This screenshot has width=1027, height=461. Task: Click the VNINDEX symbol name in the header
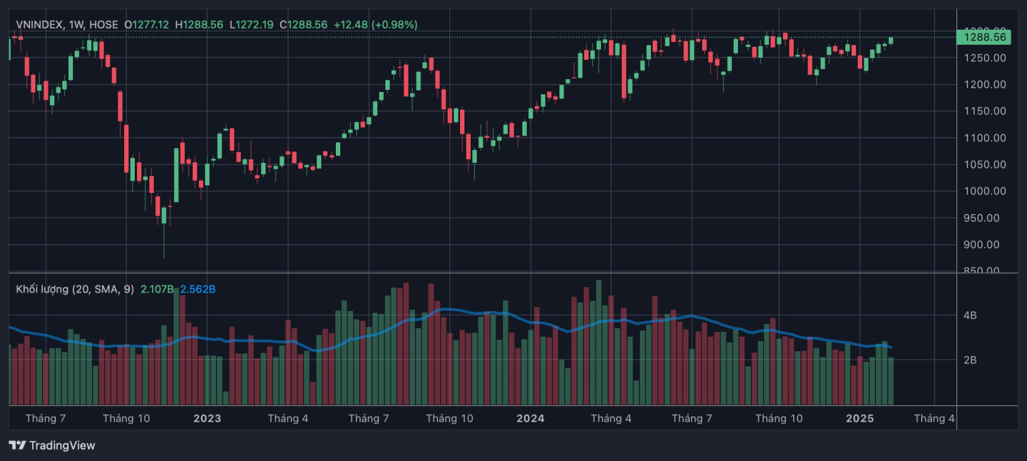(x=40, y=24)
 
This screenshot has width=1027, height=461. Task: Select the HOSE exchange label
(x=104, y=24)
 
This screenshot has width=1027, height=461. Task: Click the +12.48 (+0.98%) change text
(x=375, y=24)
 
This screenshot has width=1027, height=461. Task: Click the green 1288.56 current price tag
(x=985, y=37)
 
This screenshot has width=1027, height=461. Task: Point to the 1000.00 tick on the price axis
(x=984, y=191)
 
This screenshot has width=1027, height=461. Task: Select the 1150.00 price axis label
(x=984, y=111)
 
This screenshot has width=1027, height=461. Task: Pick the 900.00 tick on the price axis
(x=984, y=244)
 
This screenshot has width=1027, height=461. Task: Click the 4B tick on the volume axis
(x=970, y=315)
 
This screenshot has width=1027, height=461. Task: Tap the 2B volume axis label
(x=970, y=360)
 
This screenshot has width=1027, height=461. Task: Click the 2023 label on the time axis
(x=207, y=418)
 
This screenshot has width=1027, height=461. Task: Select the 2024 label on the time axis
(x=531, y=418)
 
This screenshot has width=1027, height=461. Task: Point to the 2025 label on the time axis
(x=859, y=418)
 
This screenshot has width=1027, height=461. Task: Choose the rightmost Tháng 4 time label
(x=934, y=418)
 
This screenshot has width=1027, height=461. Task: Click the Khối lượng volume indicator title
(x=43, y=289)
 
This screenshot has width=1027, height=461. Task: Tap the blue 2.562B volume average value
(x=198, y=289)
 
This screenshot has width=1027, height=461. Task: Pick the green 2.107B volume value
(x=157, y=289)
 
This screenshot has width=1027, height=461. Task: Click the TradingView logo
(x=52, y=445)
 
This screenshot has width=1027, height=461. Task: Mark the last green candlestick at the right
(x=891, y=40)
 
